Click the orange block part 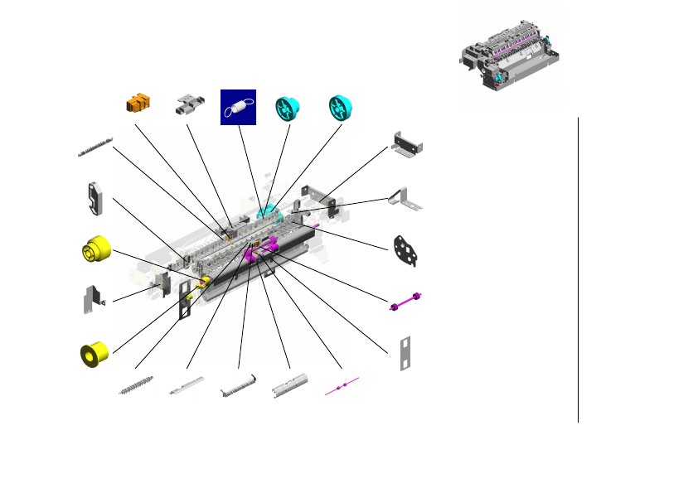[139, 104]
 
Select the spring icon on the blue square [238, 107]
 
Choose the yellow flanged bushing [95, 354]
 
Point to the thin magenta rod [342, 386]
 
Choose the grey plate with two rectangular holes [405, 354]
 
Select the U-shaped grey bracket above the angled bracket [408, 144]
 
